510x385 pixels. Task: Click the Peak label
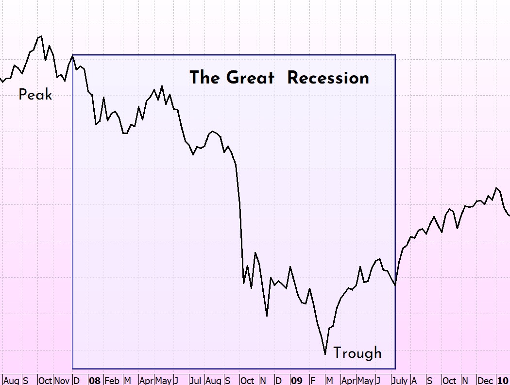tap(35, 95)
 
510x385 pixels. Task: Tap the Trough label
tap(357, 353)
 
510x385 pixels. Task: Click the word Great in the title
tap(250, 78)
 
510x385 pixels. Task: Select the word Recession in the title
tap(328, 78)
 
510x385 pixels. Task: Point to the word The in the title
tap(204, 78)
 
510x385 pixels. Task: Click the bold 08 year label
tap(95, 380)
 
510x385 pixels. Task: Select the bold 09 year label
tap(296, 380)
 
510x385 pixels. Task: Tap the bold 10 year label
tap(503, 380)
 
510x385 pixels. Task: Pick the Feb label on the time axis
tap(112, 380)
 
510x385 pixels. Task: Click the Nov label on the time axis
tap(62, 380)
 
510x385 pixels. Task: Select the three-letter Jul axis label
tap(196, 380)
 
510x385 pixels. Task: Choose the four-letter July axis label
tap(400, 380)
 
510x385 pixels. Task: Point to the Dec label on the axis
tap(485, 380)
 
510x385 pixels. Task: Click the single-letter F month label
tap(313, 380)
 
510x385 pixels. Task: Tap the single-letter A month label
tap(414, 380)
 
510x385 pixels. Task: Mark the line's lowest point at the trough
tap(325, 354)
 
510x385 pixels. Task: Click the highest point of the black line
tap(41, 36)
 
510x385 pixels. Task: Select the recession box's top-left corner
tap(72, 55)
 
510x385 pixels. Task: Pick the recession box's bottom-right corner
tap(395, 368)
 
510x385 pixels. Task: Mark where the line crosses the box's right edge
tap(395, 285)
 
